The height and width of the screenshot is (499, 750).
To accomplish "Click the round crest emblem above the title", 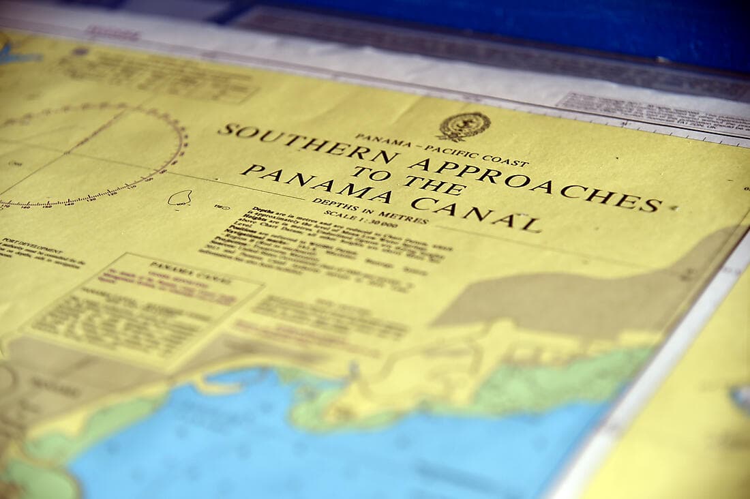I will (464, 126).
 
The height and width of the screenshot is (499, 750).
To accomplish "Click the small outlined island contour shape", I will (180, 198).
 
